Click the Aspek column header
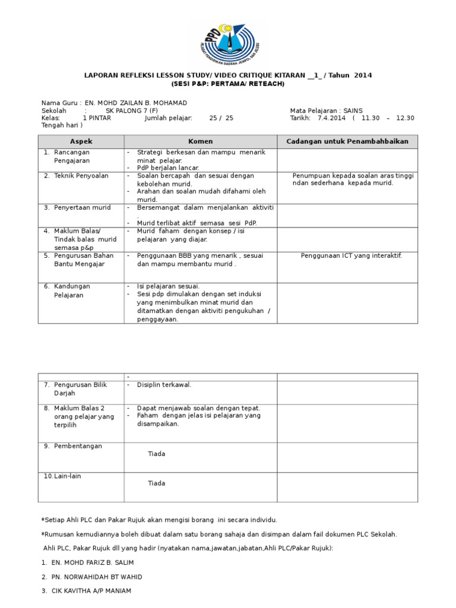[x=81, y=141]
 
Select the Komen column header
[x=200, y=141]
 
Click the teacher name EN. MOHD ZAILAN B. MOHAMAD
[x=136, y=103]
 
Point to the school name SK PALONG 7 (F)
[x=132, y=110]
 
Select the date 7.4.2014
[x=331, y=118]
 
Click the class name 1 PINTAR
[x=101, y=118]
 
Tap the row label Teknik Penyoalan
[x=81, y=176]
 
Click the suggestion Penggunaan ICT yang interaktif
[x=351, y=255]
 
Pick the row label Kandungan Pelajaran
[x=71, y=290]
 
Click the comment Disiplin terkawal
[x=164, y=385]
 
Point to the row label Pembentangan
[x=77, y=445]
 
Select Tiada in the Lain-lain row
[x=157, y=483]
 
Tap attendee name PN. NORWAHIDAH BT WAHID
[x=99, y=577]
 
